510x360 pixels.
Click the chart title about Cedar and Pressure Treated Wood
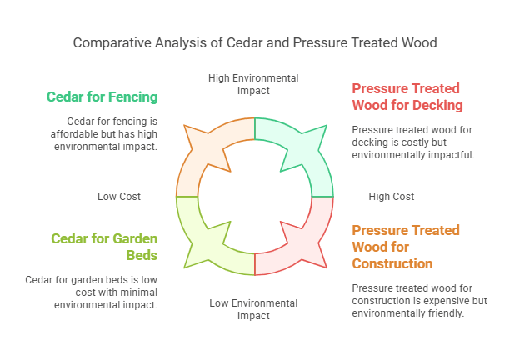[254, 42]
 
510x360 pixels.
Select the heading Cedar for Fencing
[102, 97]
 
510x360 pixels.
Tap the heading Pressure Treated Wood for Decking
[407, 97]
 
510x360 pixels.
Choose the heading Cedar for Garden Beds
[104, 246]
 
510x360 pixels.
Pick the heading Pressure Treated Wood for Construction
[406, 247]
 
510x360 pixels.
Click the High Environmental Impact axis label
[253, 84]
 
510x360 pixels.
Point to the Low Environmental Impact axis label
[253, 308]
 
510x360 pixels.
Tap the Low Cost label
[119, 197]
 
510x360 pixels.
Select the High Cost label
[391, 197]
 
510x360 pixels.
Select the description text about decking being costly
[413, 142]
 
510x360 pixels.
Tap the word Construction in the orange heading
[392, 263]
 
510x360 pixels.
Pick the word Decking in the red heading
[434, 105]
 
